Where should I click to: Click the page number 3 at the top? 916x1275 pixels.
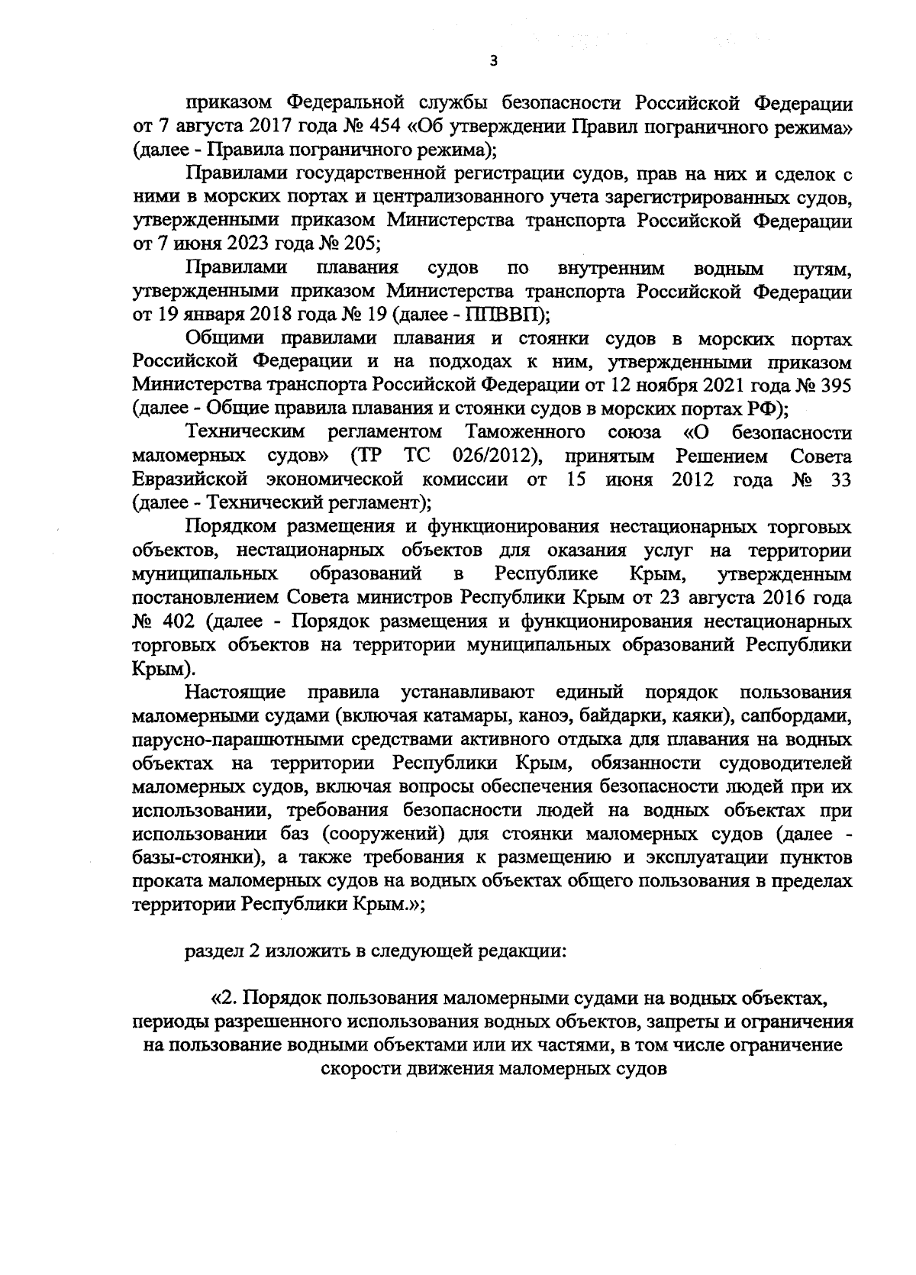point(492,62)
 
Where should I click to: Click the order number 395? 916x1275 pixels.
point(834,385)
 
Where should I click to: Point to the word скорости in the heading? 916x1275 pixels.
point(358,1069)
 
